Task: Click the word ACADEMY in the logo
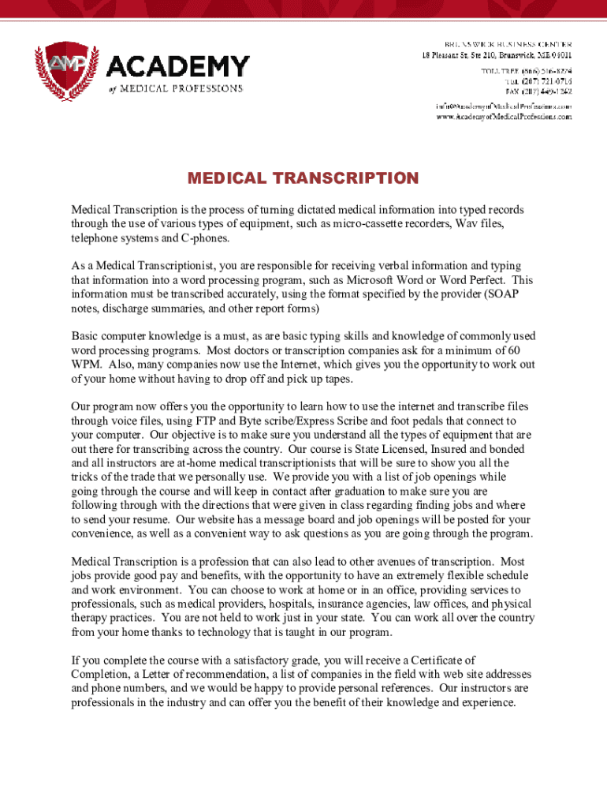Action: coord(178,66)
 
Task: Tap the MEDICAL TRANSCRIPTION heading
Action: coord(303,178)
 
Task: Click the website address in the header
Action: coord(505,117)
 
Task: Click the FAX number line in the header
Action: coord(539,92)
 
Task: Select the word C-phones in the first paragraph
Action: coord(205,238)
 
